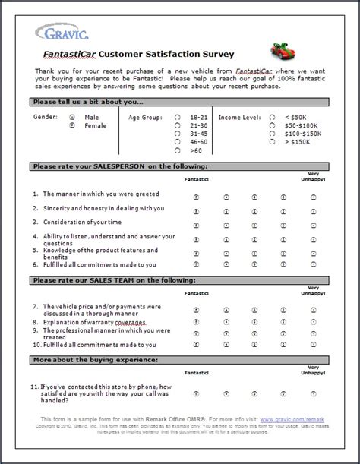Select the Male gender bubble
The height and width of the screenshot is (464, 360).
click(72, 118)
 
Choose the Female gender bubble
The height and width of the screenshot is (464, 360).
click(72, 126)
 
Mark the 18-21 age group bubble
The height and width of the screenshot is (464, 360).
click(177, 118)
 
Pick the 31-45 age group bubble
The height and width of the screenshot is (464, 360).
click(177, 134)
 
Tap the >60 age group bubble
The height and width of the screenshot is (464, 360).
click(177, 150)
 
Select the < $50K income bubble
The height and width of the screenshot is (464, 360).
click(271, 118)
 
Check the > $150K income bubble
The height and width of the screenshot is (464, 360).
click(271, 141)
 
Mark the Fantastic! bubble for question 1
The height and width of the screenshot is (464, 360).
click(195, 194)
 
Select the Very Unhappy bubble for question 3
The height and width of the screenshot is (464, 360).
click(313, 223)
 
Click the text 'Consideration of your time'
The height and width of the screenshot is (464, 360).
click(82, 223)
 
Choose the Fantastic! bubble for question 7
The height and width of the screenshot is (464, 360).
click(195, 310)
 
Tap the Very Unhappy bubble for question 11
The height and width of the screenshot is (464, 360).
click(313, 394)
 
